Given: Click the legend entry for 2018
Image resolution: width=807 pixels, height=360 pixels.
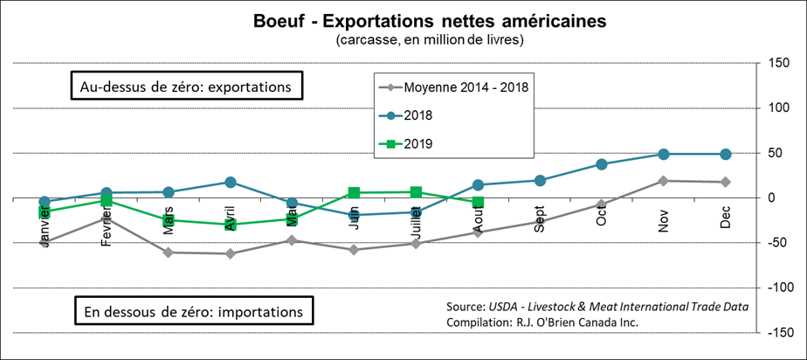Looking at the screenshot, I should point(419,114).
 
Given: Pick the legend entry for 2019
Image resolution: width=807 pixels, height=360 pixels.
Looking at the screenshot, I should point(419,143).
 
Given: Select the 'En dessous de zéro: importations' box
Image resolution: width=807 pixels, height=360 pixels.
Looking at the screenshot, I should point(193,310).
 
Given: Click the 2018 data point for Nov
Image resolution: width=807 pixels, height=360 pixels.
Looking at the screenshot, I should point(664,154).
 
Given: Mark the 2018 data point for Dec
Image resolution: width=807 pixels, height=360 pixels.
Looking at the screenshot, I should point(725,154).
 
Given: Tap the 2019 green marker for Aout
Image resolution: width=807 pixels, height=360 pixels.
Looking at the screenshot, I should point(478,202).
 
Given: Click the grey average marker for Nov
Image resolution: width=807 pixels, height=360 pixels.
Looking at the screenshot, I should point(664,181).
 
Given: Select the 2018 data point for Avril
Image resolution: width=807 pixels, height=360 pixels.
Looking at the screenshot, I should point(230,182).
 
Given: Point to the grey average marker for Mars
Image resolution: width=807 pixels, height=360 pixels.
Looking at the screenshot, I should point(168,253).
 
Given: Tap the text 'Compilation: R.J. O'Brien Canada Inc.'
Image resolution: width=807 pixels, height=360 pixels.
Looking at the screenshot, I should point(541,322).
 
